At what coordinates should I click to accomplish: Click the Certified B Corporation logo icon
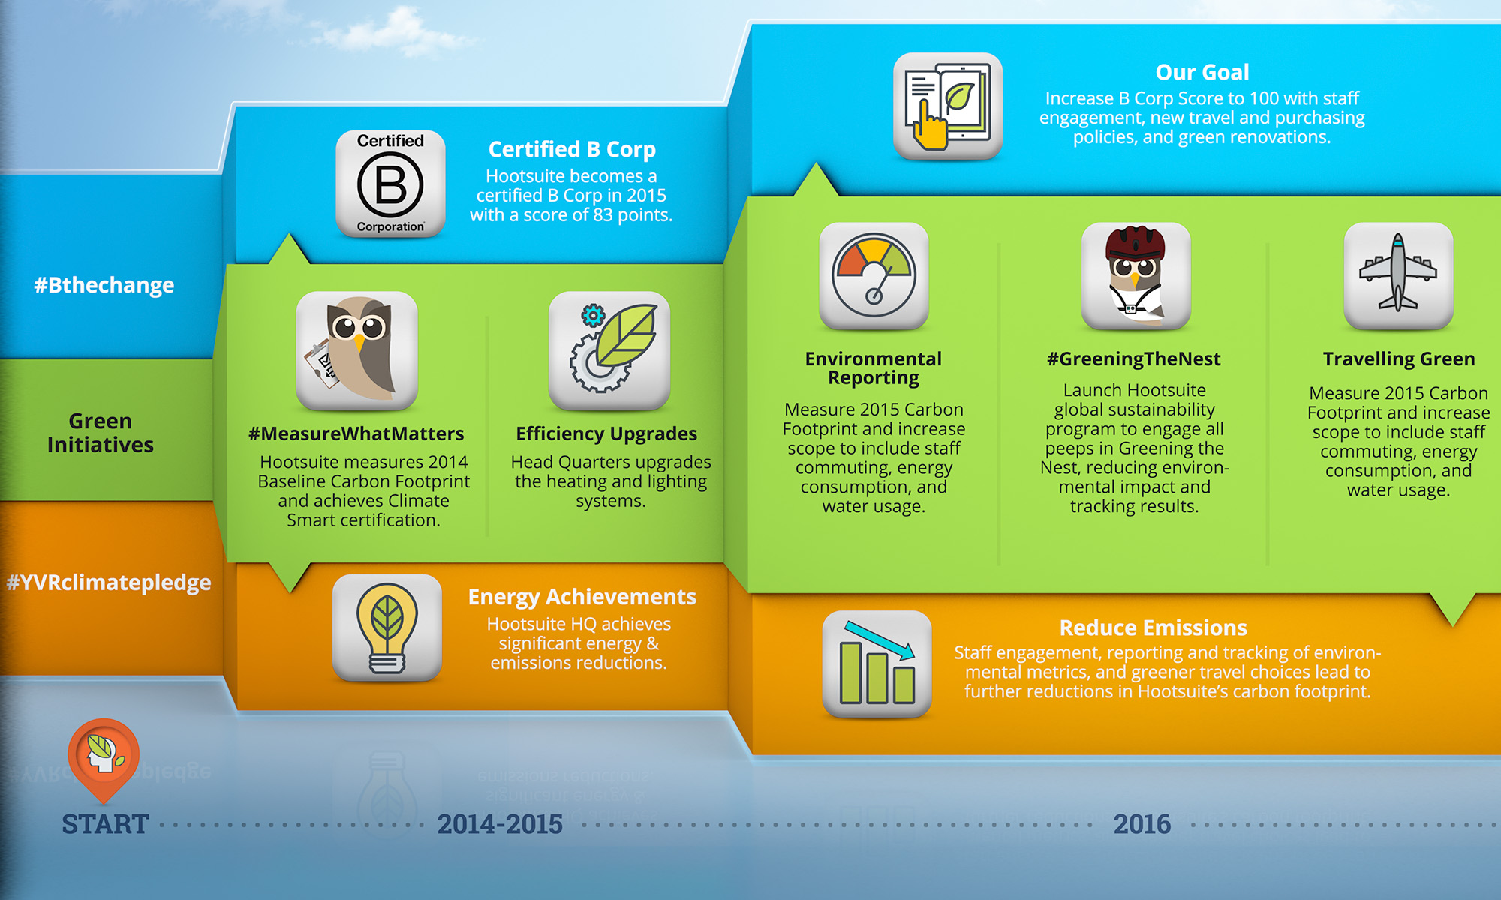(390, 184)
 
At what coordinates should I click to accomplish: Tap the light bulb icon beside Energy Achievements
(387, 628)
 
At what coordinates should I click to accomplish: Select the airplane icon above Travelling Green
(1398, 276)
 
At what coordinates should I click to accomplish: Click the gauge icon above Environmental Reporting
(874, 276)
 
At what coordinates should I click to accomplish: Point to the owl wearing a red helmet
(1136, 276)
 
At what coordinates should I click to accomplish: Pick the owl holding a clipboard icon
(356, 351)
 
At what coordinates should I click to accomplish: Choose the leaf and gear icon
(609, 351)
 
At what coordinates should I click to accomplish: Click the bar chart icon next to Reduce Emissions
(877, 664)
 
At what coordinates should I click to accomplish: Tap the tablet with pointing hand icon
(948, 106)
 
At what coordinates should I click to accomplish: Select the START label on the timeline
(105, 824)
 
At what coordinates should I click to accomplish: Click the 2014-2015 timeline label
(500, 824)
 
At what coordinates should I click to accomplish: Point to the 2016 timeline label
(1142, 824)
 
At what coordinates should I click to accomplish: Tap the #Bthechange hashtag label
(104, 285)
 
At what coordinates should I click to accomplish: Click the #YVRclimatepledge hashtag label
(109, 583)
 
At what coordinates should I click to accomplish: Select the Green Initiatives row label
(101, 433)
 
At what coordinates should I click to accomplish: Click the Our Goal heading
(1202, 72)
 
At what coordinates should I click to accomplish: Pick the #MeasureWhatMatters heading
(356, 433)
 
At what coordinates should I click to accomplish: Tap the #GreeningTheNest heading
(1134, 359)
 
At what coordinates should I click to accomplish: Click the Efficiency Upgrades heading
(606, 434)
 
